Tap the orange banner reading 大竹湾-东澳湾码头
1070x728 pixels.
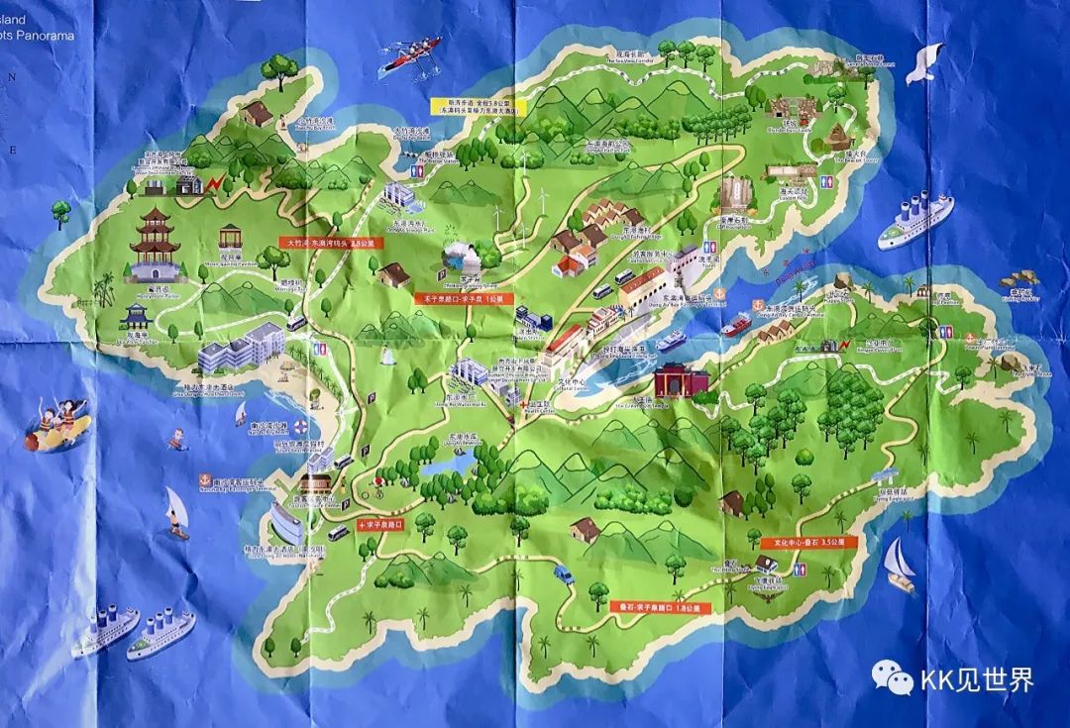coord(327,241)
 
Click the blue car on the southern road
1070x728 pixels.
coord(563,573)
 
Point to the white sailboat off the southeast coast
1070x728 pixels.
coord(900,566)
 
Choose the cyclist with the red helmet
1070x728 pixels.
coord(377,487)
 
